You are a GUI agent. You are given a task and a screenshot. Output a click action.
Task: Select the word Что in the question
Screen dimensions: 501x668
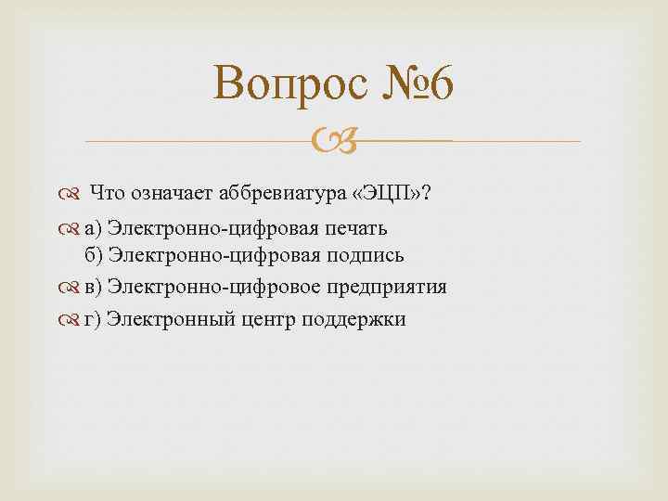[110, 193]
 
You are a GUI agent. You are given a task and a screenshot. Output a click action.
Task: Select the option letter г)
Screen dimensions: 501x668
[93, 319]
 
